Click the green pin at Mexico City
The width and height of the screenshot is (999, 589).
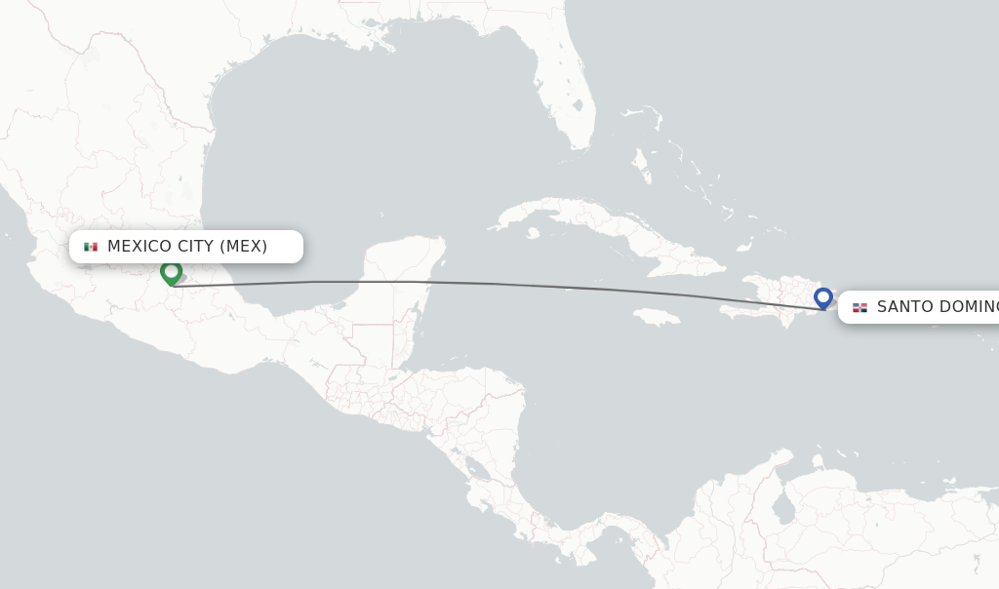(172, 272)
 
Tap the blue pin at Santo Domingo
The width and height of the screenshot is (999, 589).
(823, 297)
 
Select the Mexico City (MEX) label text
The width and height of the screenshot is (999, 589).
(187, 246)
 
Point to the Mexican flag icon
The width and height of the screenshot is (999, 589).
(91, 247)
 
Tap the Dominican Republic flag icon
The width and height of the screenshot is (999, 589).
(859, 307)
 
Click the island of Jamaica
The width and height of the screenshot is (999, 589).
(656, 316)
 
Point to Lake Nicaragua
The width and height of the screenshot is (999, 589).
(478, 470)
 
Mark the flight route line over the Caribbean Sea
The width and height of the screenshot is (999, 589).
(585, 287)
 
